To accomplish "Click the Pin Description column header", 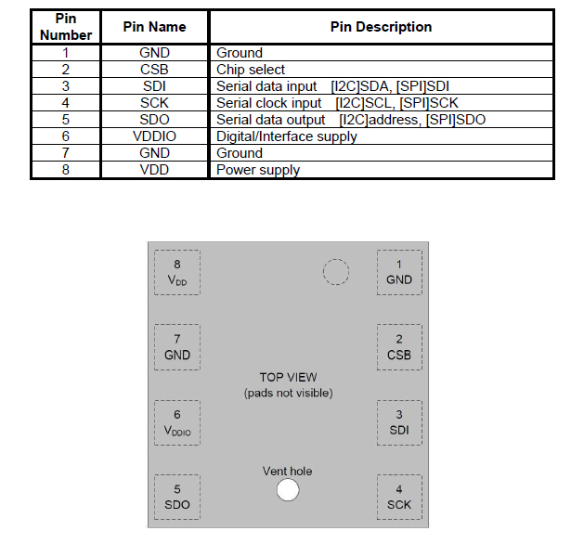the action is pyautogui.click(x=381, y=27).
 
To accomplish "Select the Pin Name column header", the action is pyautogui.click(x=154, y=27).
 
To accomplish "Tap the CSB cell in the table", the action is pyautogui.click(x=154, y=70).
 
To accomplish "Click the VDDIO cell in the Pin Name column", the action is pyautogui.click(x=154, y=136).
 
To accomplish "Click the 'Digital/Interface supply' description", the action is pyautogui.click(x=286, y=136).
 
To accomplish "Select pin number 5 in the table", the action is pyautogui.click(x=66, y=120).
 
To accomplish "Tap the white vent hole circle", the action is pyautogui.click(x=288, y=489).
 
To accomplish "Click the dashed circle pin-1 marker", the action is pyautogui.click(x=336, y=260).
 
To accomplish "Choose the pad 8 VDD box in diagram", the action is pyautogui.click(x=177, y=273).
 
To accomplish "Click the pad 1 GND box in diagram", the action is pyautogui.click(x=399, y=273).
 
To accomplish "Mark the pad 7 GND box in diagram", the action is pyautogui.click(x=177, y=347).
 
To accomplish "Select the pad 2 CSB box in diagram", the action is pyautogui.click(x=399, y=347).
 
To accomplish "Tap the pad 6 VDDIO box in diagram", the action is pyautogui.click(x=177, y=423).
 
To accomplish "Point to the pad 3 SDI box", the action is pyautogui.click(x=399, y=423).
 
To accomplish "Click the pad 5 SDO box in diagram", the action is pyautogui.click(x=177, y=497).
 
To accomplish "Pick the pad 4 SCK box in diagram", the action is pyautogui.click(x=399, y=497).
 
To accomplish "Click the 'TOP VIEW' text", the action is pyautogui.click(x=288, y=378).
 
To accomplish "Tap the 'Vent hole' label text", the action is pyautogui.click(x=287, y=471).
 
